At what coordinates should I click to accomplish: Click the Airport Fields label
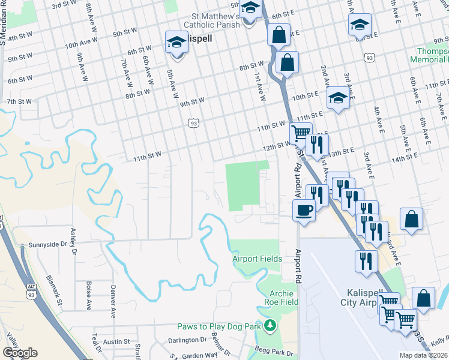[258, 259]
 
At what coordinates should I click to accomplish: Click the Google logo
[20, 353]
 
